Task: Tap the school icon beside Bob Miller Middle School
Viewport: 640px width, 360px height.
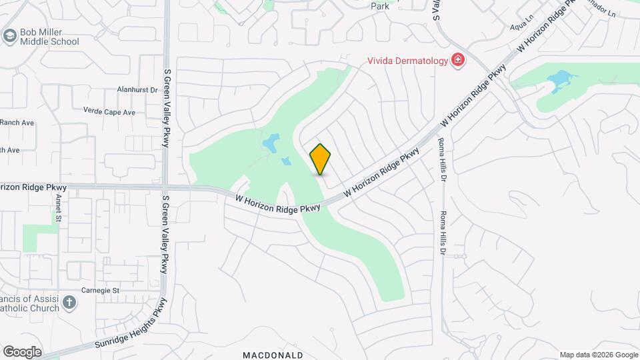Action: (x=10, y=35)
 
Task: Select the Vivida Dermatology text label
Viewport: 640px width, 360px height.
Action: (x=407, y=61)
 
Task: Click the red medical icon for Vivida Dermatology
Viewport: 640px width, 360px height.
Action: (x=458, y=61)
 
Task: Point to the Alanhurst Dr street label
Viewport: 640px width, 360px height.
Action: (x=136, y=89)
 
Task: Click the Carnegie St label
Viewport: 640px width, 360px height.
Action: (x=100, y=291)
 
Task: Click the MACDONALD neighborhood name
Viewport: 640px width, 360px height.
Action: (x=273, y=355)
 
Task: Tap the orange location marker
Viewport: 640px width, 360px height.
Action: (x=321, y=159)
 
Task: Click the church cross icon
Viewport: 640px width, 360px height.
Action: (x=69, y=304)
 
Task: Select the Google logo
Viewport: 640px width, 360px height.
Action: (x=22, y=352)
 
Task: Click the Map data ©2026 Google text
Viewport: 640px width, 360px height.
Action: (x=598, y=355)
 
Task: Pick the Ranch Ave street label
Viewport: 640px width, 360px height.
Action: (x=17, y=123)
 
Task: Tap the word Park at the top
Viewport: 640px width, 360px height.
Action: (x=379, y=6)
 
